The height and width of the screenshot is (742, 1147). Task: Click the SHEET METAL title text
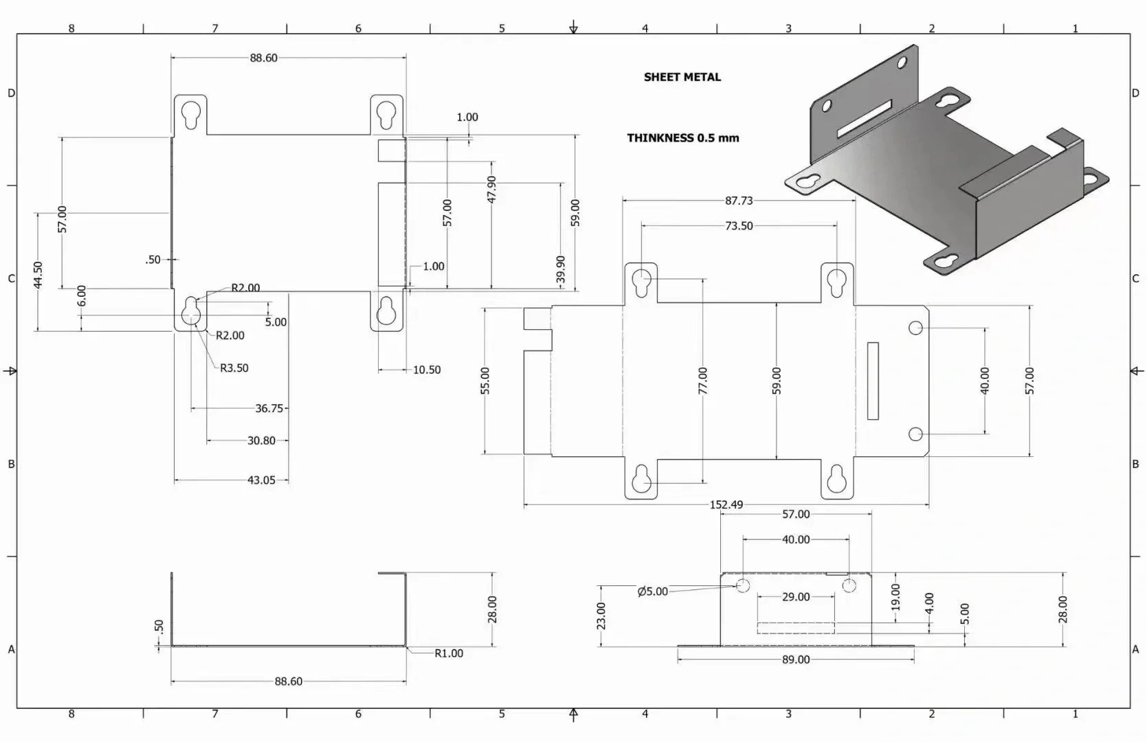click(682, 77)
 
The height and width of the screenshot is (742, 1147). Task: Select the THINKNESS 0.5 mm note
click(682, 137)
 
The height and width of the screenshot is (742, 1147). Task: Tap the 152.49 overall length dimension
click(726, 504)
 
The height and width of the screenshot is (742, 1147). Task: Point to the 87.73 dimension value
click(739, 201)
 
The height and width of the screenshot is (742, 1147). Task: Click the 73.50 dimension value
click(739, 225)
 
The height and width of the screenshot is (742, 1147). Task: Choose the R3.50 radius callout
click(234, 368)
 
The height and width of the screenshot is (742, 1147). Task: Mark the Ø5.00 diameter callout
click(652, 591)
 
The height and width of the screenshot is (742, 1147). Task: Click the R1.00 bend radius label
click(448, 653)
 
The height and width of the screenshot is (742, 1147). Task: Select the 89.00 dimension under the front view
click(795, 659)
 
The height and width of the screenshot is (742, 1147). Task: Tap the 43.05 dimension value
click(261, 480)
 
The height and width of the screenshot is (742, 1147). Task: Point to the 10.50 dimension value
click(426, 370)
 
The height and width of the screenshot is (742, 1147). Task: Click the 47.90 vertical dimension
click(491, 189)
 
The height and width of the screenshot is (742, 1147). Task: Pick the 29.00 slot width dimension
click(795, 596)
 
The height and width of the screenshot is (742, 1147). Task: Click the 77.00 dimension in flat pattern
click(702, 380)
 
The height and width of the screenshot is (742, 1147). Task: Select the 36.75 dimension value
click(269, 408)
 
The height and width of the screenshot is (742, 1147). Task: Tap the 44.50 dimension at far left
click(38, 274)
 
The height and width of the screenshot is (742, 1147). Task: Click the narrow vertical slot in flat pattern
click(873, 381)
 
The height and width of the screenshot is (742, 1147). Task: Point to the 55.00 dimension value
click(485, 380)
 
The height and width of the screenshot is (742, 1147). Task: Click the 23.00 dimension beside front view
click(601, 616)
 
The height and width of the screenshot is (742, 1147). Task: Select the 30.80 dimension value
click(261, 440)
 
